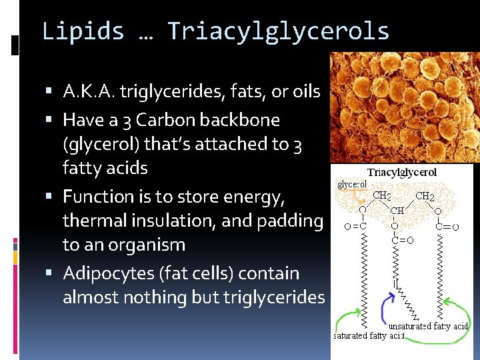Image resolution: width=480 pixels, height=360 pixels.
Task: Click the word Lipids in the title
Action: point(83,31)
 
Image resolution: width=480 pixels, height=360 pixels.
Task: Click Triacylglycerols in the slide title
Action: point(279,31)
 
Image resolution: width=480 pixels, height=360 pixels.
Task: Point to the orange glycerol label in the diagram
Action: point(351,184)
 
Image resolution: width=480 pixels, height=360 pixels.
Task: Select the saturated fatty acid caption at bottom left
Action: point(369,335)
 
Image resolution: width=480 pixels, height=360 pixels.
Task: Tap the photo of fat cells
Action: point(403,107)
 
